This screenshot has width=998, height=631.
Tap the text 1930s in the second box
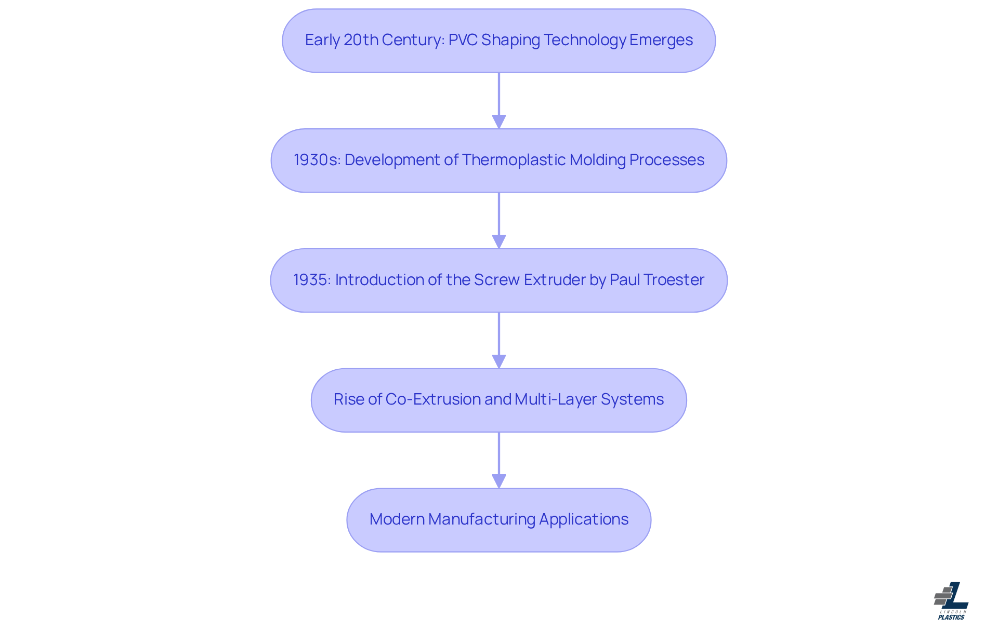coord(317,160)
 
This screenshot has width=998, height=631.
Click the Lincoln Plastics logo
coord(951,600)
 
